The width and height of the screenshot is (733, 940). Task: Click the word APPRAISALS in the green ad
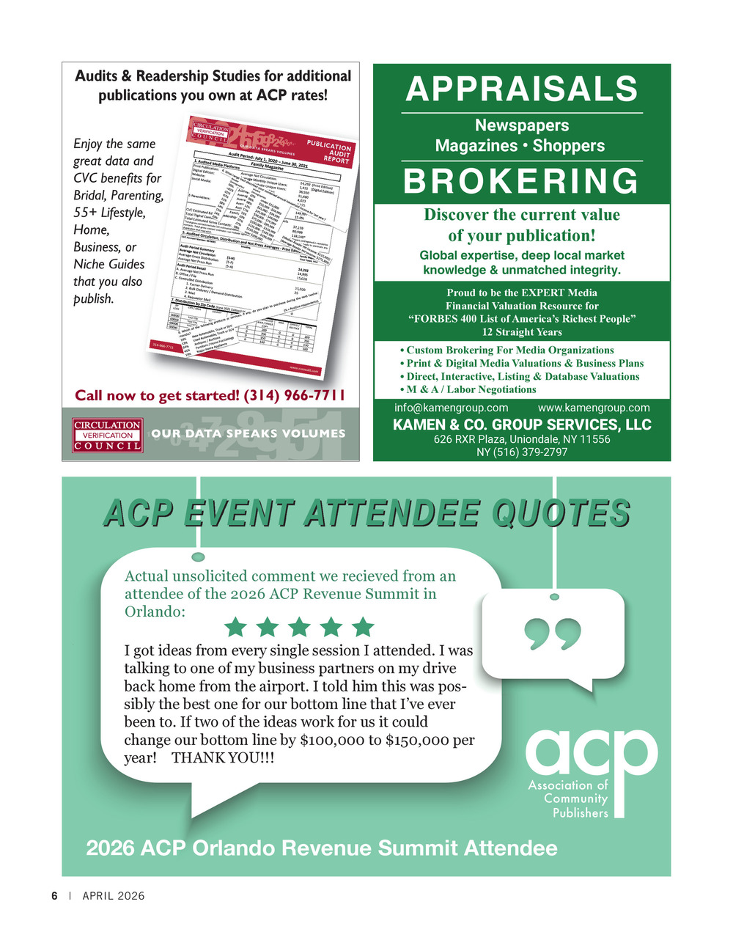pos(522,89)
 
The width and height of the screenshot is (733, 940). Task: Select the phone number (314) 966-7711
pos(294,396)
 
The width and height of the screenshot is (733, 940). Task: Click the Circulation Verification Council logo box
pos(107,435)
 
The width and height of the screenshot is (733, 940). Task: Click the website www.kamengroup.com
pos(594,408)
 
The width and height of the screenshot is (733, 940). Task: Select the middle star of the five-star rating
pos(299,627)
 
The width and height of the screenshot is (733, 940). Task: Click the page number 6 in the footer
pos(54,896)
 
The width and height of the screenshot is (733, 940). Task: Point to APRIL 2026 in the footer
pos(114,896)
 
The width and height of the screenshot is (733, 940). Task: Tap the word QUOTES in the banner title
pos(560,513)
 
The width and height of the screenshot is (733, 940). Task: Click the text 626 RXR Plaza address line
pos(522,439)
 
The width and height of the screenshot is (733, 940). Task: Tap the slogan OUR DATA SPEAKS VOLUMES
pos(248,433)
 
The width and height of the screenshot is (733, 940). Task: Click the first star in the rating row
pos(235,627)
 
